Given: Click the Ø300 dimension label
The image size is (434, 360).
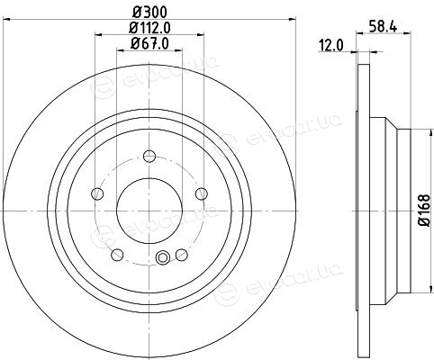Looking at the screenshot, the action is pyautogui.click(x=149, y=13).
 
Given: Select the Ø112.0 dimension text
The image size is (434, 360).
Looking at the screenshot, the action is pyautogui.click(x=149, y=28).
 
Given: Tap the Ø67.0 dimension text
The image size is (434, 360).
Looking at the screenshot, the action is pyautogui.click(x=149, y=44).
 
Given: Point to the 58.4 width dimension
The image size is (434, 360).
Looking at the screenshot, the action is pyautogui.click(x=383, y=27).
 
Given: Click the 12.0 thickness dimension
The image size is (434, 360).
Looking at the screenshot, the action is pyautogui.click(x=331, y=46).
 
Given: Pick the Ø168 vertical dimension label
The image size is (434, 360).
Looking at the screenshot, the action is pyautogui.click(x=425, y=210).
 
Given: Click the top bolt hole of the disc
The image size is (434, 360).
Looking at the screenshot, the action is pyautogui.click(x=149, y=156).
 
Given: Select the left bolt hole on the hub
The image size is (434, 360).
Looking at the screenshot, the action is pyautogui.click(x=97, y=193).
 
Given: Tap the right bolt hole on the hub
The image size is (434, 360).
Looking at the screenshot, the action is pyautogui.click(x=202, y=193).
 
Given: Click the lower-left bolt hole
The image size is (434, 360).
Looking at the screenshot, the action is pyautogui.click(x=117, y=255).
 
